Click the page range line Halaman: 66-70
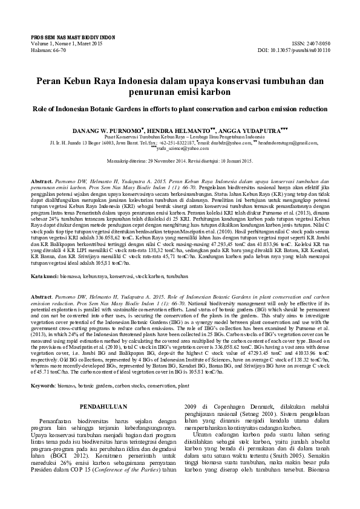coord(49,50)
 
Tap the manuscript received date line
coord(180,162)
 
